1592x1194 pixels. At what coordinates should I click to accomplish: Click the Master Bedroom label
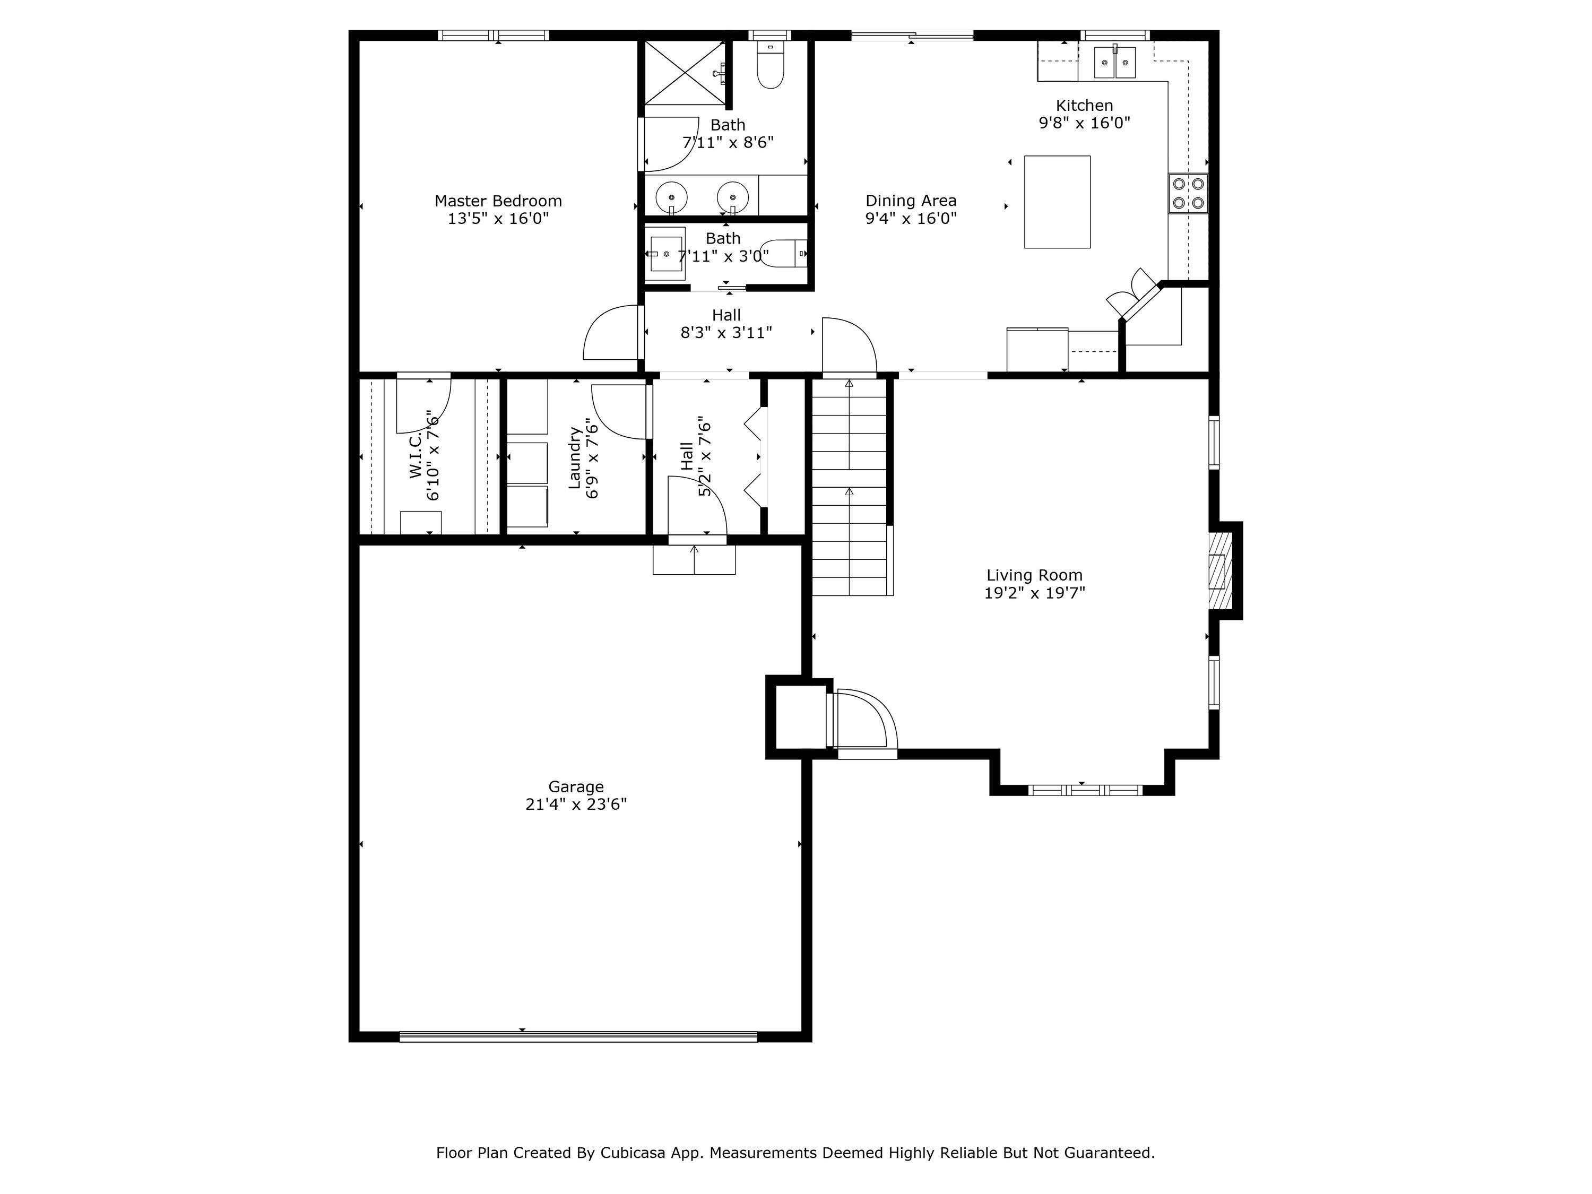point(498,201)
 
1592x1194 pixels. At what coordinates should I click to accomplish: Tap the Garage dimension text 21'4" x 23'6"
point(576,804)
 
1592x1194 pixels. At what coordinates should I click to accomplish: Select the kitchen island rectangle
point(1057,202)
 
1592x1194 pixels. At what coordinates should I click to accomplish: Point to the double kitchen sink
point(1115,62)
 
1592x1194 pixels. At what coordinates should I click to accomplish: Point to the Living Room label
point(1034,575)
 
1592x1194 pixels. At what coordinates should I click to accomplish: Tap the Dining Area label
point(911,201)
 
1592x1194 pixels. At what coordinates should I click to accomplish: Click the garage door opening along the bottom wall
point(578,1036)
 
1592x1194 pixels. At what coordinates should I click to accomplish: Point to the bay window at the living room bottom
point(1085,790)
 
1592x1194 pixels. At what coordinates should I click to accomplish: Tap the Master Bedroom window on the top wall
point(494,35)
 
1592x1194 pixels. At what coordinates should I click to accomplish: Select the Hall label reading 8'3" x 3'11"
point(726,324)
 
